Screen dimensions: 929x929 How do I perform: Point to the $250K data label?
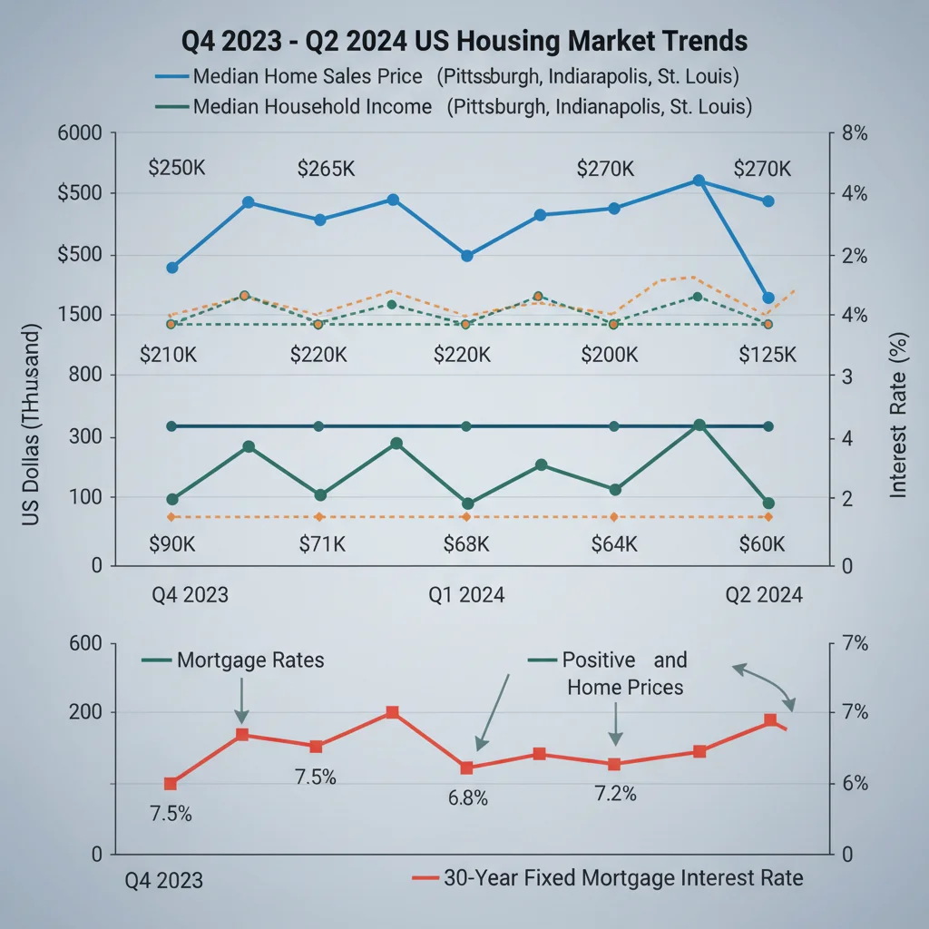(177, 169)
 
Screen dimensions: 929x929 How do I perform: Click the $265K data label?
(326, 169)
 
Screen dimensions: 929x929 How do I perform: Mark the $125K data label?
(767, 355)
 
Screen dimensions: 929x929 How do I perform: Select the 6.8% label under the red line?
(467, 798)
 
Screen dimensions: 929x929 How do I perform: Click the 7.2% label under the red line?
(615, 794)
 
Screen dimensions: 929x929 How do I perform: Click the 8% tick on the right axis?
(855, 133)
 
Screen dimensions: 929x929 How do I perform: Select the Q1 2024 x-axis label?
(466, 595)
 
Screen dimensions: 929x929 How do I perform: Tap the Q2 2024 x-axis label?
(764, 595)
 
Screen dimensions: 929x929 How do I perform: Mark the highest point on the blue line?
(698, 181)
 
